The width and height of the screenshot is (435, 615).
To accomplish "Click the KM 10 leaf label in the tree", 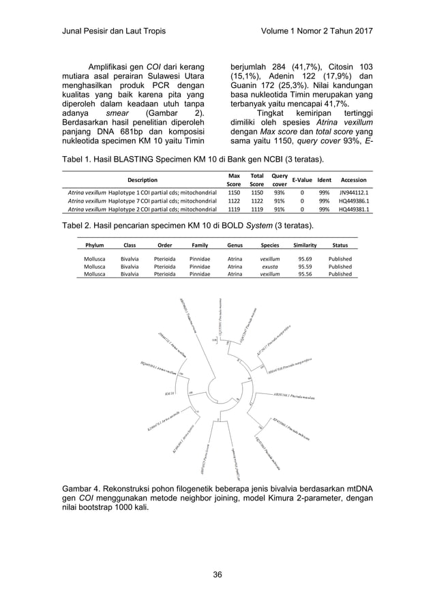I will pyautogui.click(x=170, y=393).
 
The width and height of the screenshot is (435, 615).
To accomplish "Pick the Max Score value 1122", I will pyautogui.click(x=234, y=201).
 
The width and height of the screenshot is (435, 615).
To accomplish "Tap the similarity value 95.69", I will pyautogui.click(x=305, y=259).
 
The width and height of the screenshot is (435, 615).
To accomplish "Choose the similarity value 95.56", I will pyautogui.click(x=305, y=274).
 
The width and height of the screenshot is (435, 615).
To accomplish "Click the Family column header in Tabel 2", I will pyautogui.click(x=200, y=244).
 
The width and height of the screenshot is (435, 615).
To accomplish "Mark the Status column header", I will pyautogui.click(x=340, y=244).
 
